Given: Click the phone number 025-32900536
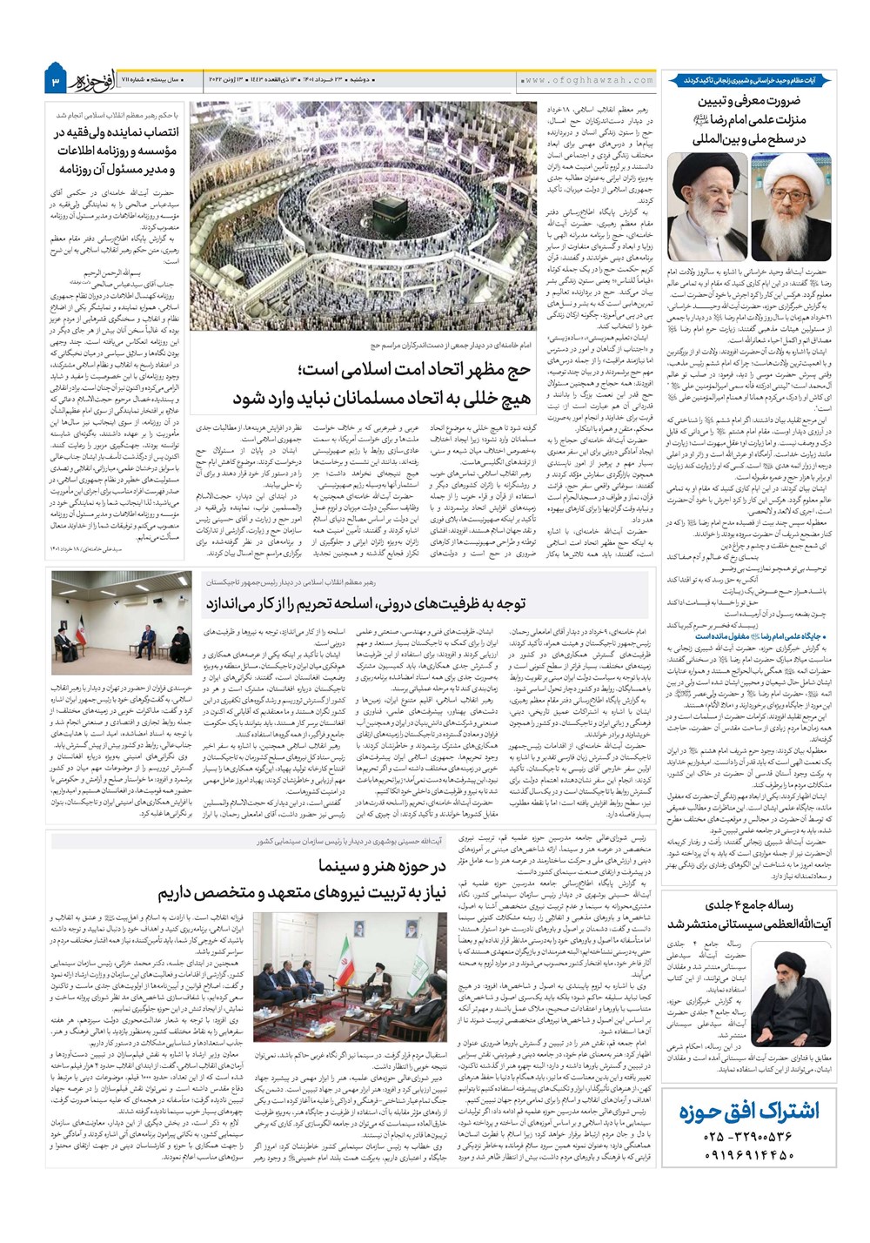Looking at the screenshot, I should pos(749,1137).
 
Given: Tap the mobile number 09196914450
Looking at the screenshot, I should pos(749,1156).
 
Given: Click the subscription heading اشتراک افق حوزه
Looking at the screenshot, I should pos(749,1112).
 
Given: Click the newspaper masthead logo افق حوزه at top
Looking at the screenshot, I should pos(94,80).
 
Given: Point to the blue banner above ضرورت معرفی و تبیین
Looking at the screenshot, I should pos(749,80).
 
